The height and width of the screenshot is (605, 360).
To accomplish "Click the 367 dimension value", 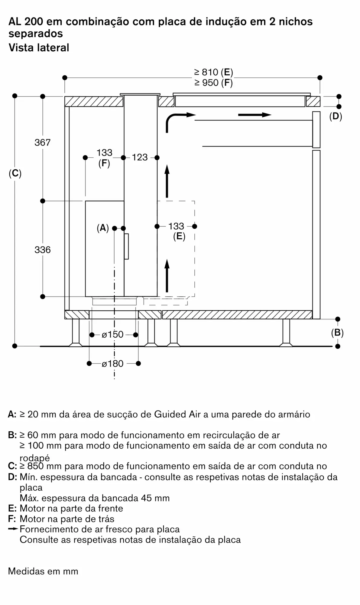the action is pos(43,142).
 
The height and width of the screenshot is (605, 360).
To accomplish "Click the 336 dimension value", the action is pos(43,250).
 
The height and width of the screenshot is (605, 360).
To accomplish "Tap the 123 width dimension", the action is pos(140,157).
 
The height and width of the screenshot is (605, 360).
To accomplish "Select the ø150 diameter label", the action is pos(113,335).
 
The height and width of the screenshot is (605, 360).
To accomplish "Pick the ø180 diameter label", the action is pos(113,364).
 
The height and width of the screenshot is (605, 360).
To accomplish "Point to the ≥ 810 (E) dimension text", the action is pos(213,72).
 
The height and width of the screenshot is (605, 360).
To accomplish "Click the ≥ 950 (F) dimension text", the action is pos(213,83).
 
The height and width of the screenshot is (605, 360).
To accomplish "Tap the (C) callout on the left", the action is pos(15,174).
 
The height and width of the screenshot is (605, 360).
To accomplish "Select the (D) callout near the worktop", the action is pos(336,116).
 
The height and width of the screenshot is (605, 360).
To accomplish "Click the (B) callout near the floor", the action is pos(337,333).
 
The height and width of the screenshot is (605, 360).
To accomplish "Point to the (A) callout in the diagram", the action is pos(103,228).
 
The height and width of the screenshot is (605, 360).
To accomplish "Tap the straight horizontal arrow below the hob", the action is pos(255,115).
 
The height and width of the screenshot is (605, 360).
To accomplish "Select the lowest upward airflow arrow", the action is pos(167,276).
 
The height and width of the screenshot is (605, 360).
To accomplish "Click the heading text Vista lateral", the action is pos(39,48).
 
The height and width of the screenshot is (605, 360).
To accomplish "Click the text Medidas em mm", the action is pos(43,571).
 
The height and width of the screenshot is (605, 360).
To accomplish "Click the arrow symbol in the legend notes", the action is pos(13,529).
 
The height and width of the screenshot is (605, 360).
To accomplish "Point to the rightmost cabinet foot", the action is pos(286,333).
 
